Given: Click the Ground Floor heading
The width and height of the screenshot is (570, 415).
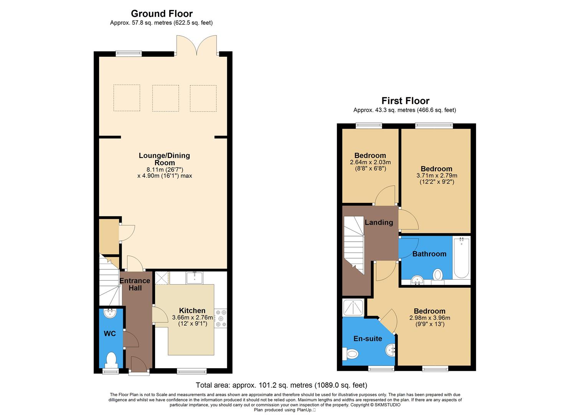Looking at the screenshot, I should (162, 14).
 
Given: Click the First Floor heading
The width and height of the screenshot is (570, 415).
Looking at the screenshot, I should (405, 101).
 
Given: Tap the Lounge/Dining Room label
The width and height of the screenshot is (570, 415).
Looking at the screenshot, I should (164, 159).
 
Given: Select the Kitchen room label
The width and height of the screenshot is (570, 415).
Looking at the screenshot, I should (192, 310).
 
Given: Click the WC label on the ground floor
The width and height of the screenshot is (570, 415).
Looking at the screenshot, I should (110, 334).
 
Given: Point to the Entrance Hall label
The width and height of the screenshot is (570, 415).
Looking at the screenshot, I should (135, 284).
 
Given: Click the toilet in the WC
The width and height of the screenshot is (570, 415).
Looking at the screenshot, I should (111, 360).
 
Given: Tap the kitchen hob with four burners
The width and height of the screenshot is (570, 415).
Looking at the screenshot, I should (221, 318).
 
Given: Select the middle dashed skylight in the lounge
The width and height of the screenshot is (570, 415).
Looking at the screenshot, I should (165, 98).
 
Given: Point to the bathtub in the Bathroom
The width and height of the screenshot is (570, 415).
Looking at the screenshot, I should (461, 257).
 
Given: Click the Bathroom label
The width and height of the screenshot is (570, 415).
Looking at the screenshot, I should (429, 254).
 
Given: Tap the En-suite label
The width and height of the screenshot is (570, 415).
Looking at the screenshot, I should (367, 339).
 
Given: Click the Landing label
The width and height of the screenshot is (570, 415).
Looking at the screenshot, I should (378, 222).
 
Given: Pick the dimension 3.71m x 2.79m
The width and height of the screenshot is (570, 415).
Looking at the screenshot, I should (436, 176).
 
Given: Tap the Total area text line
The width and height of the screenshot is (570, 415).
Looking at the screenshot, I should (281, 385).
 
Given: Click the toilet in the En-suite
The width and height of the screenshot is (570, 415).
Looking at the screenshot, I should (351, 353).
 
